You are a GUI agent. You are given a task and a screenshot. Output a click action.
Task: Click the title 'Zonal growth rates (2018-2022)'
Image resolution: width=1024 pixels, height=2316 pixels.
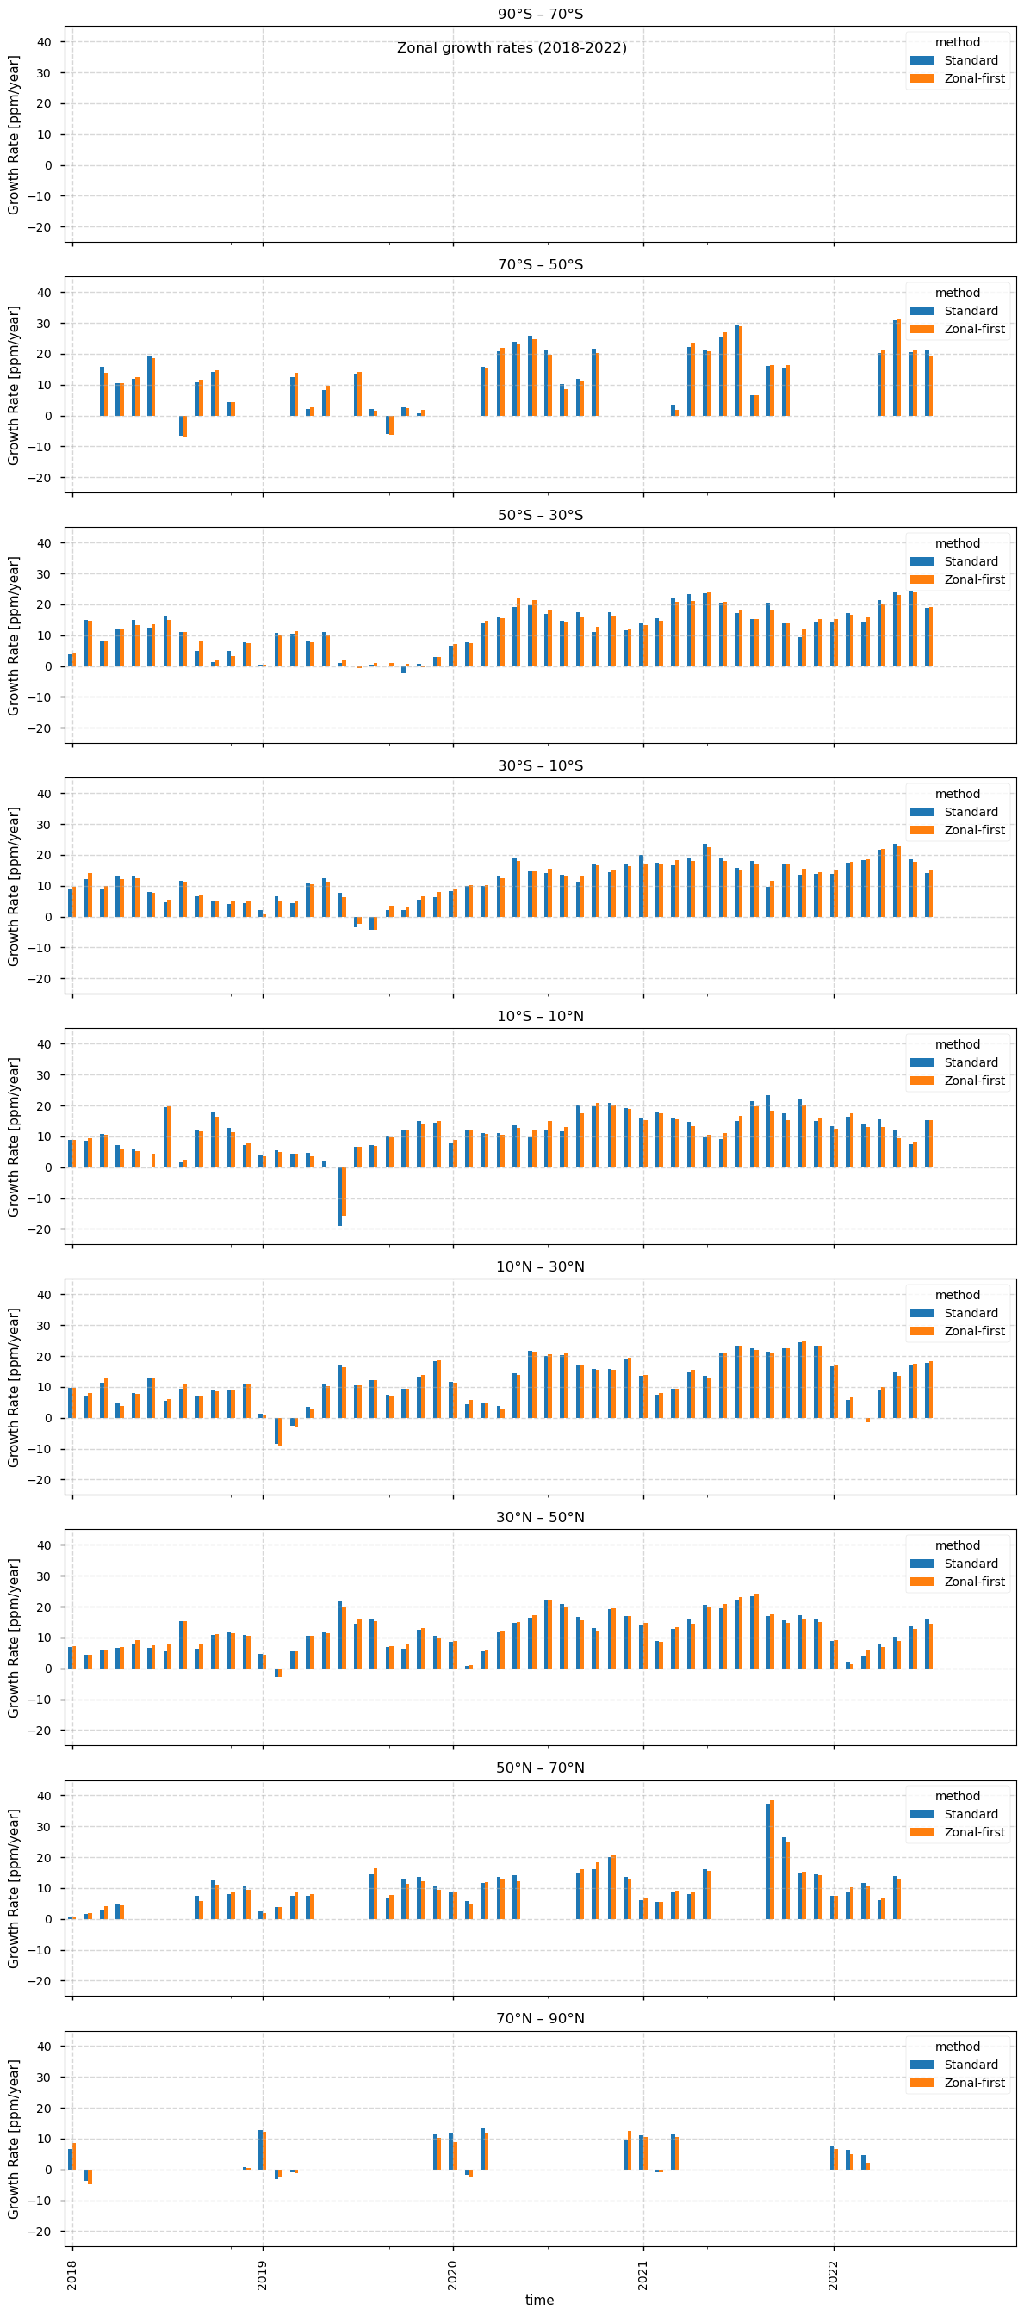coord(512,47)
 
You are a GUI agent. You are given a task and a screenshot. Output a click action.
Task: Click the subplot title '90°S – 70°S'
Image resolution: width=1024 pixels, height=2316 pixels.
coord(540,14)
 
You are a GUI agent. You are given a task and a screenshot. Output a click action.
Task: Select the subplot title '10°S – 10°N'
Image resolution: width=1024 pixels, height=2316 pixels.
coord(540,1016)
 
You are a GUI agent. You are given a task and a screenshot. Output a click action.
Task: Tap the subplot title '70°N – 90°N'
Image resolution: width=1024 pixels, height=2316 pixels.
coord(540,2018)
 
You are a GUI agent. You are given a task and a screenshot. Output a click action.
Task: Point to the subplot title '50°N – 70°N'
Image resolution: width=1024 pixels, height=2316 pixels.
coord(540,1768)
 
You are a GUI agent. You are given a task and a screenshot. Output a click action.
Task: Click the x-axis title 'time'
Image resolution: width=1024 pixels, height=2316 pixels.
coord(539,2300)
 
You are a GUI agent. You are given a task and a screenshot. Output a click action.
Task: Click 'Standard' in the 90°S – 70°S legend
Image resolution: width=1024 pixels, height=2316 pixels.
coord(970,60)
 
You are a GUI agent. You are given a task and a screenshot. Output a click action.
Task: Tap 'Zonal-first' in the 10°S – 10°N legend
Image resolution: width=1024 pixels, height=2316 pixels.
coord(974,1081)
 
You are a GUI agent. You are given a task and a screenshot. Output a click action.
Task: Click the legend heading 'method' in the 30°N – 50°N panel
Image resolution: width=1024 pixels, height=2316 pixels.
coord(957,1545)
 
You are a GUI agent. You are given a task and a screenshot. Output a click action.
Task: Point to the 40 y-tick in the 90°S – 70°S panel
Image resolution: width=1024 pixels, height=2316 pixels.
coord(44,41)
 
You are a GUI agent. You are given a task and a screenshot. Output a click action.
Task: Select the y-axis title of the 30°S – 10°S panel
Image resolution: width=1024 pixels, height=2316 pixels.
coord(14,886)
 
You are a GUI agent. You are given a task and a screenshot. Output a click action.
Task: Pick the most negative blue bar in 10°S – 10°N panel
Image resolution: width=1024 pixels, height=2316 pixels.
coord(340,1197)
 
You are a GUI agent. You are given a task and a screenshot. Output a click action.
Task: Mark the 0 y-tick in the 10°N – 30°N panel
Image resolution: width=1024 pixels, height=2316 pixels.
coord(47,1418)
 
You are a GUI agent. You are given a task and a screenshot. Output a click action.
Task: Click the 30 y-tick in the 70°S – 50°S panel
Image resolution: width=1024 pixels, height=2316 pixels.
coord(44,323)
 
